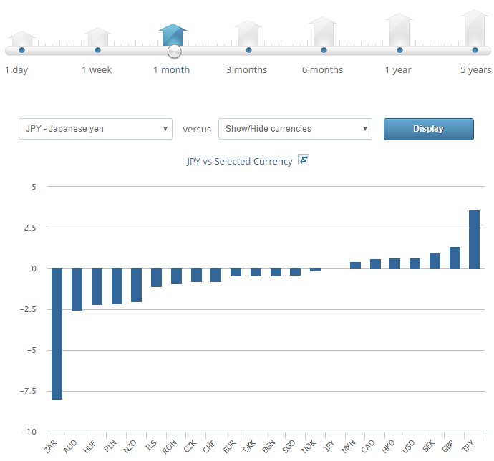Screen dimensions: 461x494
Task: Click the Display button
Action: (428, 129)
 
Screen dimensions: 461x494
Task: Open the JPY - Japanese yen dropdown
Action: (95, 129)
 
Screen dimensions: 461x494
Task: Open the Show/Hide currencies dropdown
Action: (295, 129)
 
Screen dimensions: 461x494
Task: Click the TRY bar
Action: (474, 239)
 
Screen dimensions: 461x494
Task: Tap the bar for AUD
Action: (77, 289)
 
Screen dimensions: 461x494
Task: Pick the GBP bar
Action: (455, 258)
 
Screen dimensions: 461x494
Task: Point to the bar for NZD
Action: (136, 285)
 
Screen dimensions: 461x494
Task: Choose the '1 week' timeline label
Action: (97, 70)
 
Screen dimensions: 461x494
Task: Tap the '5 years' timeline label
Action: (475, 70)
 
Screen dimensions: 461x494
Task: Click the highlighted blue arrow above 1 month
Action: (173, 34)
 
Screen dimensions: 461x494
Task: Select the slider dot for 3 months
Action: (248, 50)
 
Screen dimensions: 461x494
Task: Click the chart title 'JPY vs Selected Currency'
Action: (239, 162)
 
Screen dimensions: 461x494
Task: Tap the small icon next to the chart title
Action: (304, 160)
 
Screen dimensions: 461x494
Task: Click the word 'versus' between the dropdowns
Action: (197, 130)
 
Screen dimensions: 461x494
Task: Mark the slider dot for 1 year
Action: (399, 50)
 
